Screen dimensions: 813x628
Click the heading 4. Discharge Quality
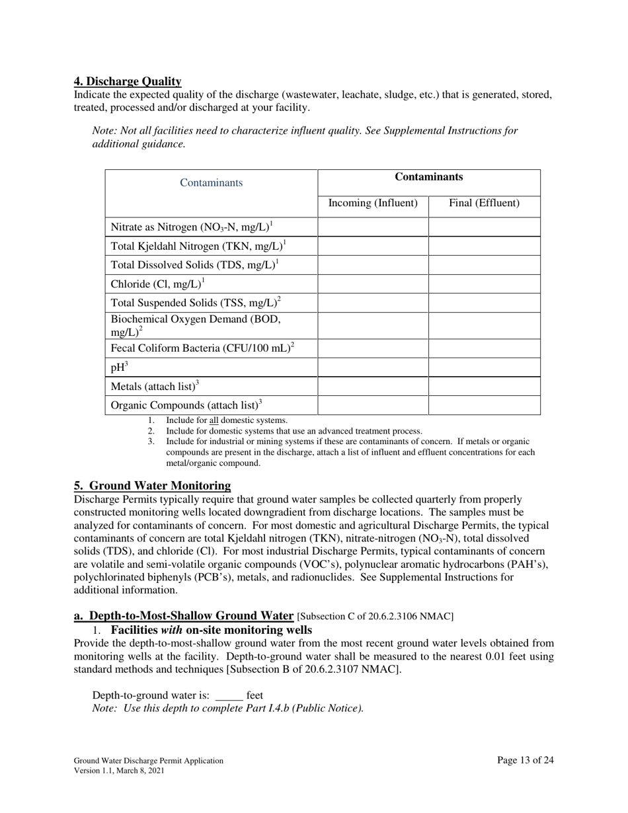coord(128,81)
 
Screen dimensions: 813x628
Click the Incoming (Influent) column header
coord(373,203)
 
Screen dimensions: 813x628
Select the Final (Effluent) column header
coord(484,203)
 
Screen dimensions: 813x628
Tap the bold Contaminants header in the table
coord(428,177)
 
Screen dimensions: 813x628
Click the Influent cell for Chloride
coord(373,284)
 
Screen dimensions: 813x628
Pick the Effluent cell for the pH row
coord(484,368)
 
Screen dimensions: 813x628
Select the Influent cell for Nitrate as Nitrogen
coord(373,227)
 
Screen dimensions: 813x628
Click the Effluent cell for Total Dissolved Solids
coord(484,265)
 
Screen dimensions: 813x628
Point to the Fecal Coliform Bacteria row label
coord(202,348)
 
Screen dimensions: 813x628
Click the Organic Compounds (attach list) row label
coord(186,405)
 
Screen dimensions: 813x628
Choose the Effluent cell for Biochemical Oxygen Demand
coord(484,326)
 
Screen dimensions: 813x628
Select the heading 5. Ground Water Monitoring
coord(153,486)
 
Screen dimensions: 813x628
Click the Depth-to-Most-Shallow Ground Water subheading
coord(184,616)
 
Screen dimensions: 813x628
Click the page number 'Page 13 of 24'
coord(525,760)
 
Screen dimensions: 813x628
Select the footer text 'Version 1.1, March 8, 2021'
coord(119,771)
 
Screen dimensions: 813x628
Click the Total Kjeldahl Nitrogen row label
coord(198,246)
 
